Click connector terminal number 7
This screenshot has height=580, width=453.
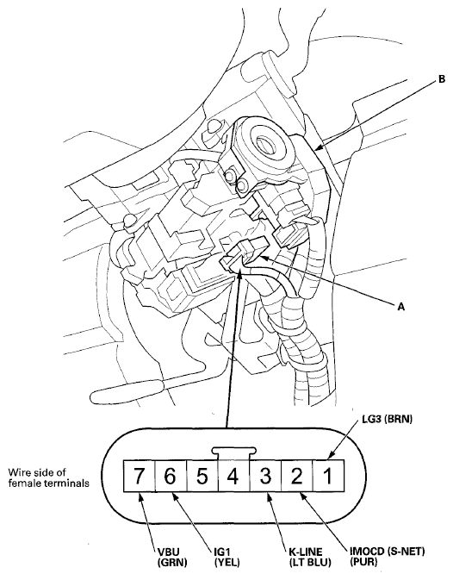point(139,476)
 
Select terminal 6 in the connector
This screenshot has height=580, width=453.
point(171,476)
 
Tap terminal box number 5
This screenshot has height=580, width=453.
point(202,476)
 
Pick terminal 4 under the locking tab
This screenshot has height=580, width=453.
point(234,476)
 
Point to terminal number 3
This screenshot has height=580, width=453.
point(265,476)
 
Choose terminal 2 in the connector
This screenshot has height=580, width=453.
point(297,476)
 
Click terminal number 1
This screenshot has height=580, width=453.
point(329,476)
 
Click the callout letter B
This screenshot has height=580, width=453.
point(442,79)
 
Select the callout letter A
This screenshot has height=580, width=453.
point(401,306)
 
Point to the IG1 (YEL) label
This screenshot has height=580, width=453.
point(226,557)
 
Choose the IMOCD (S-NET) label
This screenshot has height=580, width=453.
point(388,552)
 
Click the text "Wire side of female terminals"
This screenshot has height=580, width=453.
point(49,478)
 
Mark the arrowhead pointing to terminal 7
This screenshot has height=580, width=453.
point(140,498)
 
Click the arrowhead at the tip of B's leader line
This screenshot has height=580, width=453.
point(319,147)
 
